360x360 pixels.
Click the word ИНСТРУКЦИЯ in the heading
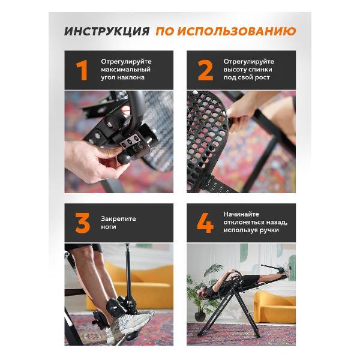click(x=106, y=31)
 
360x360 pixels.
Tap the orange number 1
click(x=82, y=70)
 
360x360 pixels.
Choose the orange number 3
click(x=82, y=223)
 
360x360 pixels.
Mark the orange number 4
click(x=205, y=223)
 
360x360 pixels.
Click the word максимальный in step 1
click(x=126, y=70)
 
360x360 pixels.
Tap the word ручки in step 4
click(x=278, y=230)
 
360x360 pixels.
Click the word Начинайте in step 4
click(x=242, y=214)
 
